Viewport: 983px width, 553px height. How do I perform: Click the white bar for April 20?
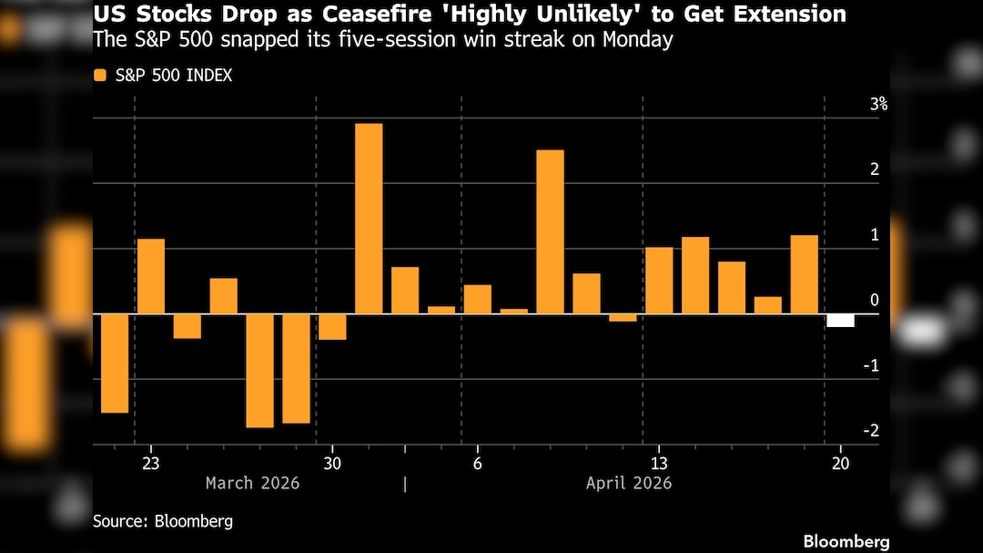point(840,320)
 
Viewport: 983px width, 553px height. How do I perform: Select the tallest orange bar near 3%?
point(369,219)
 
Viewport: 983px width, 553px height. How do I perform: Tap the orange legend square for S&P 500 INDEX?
point(99,76)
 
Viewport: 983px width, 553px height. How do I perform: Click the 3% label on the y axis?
point(878,105)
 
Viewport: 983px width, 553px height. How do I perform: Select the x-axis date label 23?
point(151,463)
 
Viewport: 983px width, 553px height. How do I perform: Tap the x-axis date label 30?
point(331,463)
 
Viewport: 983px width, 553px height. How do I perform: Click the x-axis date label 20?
point(840,463)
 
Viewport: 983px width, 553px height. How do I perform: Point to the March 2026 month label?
point(252,483)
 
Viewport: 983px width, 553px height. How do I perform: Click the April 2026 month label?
point(629,483)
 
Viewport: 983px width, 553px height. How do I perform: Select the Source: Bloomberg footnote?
point(163,522)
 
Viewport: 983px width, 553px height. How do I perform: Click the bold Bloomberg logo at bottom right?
point(846,541)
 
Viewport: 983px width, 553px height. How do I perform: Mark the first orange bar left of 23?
point(115,364)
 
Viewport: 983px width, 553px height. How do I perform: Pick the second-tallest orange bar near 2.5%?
point(550,231)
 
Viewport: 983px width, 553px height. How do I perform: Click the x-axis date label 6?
point(477,463)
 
